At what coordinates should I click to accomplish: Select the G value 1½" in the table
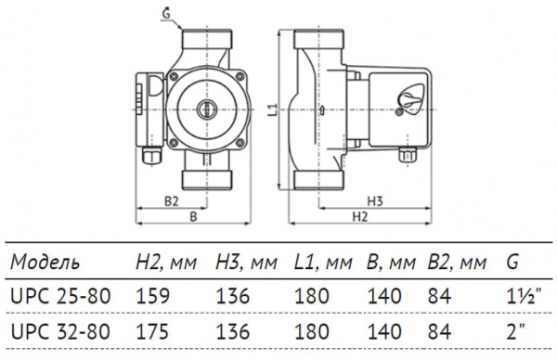click(x=522, y=297)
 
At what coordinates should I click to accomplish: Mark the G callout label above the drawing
click(x=166, y=12)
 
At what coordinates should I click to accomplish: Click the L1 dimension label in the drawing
click(x=272, y=109)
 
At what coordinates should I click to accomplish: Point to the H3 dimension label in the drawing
click(x=375, y=200)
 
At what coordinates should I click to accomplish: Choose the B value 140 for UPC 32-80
click(x=382, y=331)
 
